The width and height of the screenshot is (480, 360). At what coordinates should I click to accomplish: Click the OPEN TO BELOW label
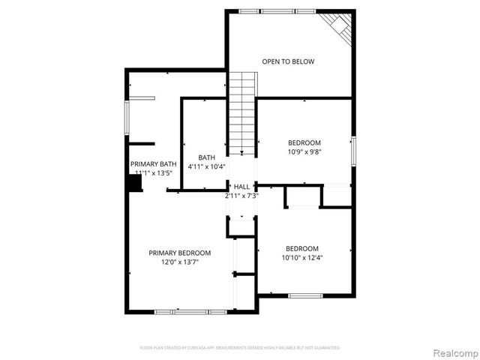click(x=288, y=61)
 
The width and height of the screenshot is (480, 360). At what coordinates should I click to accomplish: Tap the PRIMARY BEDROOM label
click(x=179, y=253)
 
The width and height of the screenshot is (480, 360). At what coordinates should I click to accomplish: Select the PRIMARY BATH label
click(x=154, y=164)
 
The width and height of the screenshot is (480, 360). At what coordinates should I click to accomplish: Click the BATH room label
click(x=206, y=157)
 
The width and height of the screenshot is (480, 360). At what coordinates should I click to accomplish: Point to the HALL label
click(x=241, y=187)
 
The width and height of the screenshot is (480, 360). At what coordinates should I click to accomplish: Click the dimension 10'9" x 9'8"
click(x=304, y=151)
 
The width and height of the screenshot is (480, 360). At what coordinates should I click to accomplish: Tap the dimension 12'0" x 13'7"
click(x=179, y=262)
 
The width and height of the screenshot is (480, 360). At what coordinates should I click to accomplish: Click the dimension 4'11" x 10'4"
click(x=206, y=166)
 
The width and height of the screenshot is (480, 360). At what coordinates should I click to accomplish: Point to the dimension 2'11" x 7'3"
click(x=241, y=196)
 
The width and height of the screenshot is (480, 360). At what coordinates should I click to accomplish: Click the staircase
click(x=242, y=112)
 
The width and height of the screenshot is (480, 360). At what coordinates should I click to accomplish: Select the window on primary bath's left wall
click(x=127, y=122)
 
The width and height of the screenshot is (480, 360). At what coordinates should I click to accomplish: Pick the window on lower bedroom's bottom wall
click(x=305, y=295)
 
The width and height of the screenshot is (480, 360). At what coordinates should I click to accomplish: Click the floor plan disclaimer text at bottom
click(x=240, y=348)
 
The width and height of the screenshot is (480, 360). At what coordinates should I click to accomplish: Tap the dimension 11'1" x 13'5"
click(x=154, y=173)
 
